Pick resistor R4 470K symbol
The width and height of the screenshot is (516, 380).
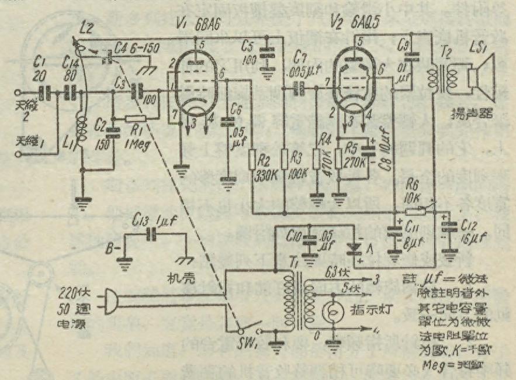coord(317,160)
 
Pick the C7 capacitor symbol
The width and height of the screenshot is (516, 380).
coord(299,89)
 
